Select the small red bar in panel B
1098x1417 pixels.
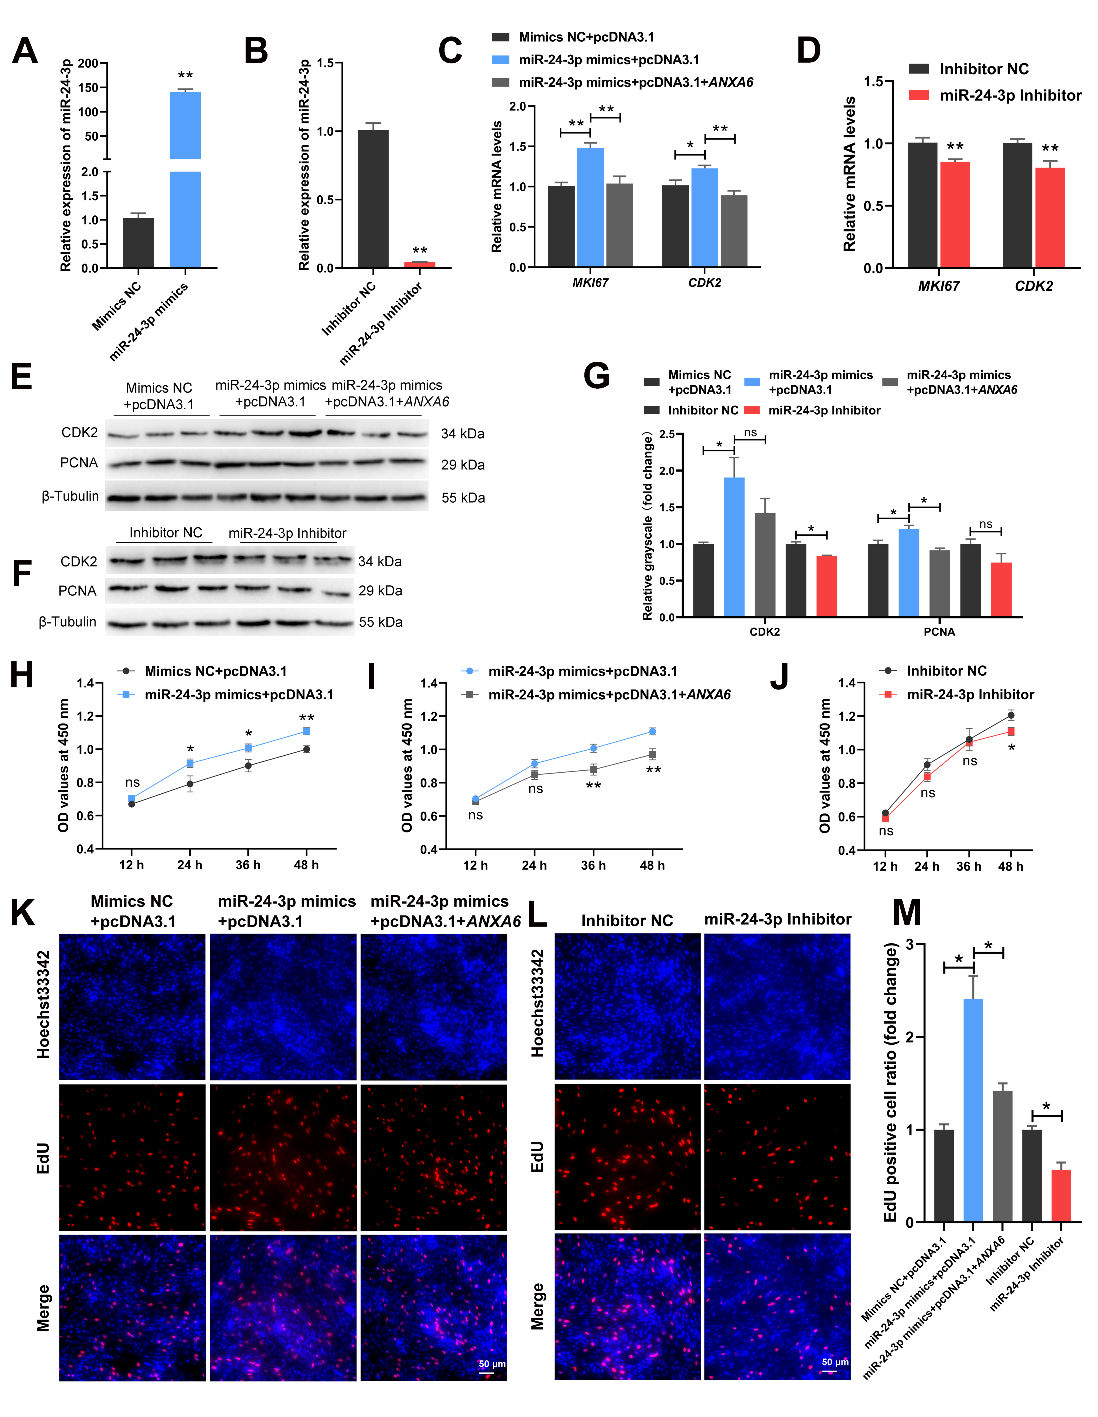click(420, 264)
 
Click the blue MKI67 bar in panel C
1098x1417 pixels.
click(590, 208)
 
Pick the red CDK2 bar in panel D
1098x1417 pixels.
click(1049, 217)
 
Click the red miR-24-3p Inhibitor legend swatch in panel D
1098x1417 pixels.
click(919, 95)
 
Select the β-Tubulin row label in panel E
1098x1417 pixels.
click(70, 496)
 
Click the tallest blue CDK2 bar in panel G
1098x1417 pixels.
click(734, 547)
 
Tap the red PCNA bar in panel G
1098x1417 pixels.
click(1001, 589)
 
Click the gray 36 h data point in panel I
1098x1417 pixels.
click(593, 770)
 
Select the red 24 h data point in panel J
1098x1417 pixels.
click(927, 777)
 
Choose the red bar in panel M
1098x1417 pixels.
click(1061, 1195)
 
